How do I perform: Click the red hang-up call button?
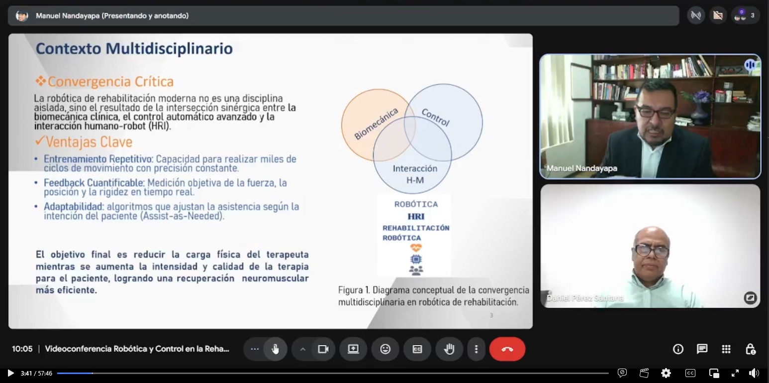507,349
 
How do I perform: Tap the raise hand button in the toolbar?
449,349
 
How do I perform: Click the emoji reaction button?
385,349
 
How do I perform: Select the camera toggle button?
323,349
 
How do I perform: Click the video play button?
10,373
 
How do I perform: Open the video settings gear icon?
666,373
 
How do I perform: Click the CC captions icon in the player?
690,373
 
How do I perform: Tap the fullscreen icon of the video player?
735,373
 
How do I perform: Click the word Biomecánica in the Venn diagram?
376,124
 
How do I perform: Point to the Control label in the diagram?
435,117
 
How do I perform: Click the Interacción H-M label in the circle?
415,174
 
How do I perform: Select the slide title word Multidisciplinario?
169,48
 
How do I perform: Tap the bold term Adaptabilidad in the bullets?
73,207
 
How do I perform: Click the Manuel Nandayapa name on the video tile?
582,168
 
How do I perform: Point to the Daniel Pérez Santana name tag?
585,298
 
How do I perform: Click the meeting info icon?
678,349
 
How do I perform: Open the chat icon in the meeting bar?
702,349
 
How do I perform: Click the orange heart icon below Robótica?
416,248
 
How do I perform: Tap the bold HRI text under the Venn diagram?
416,216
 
